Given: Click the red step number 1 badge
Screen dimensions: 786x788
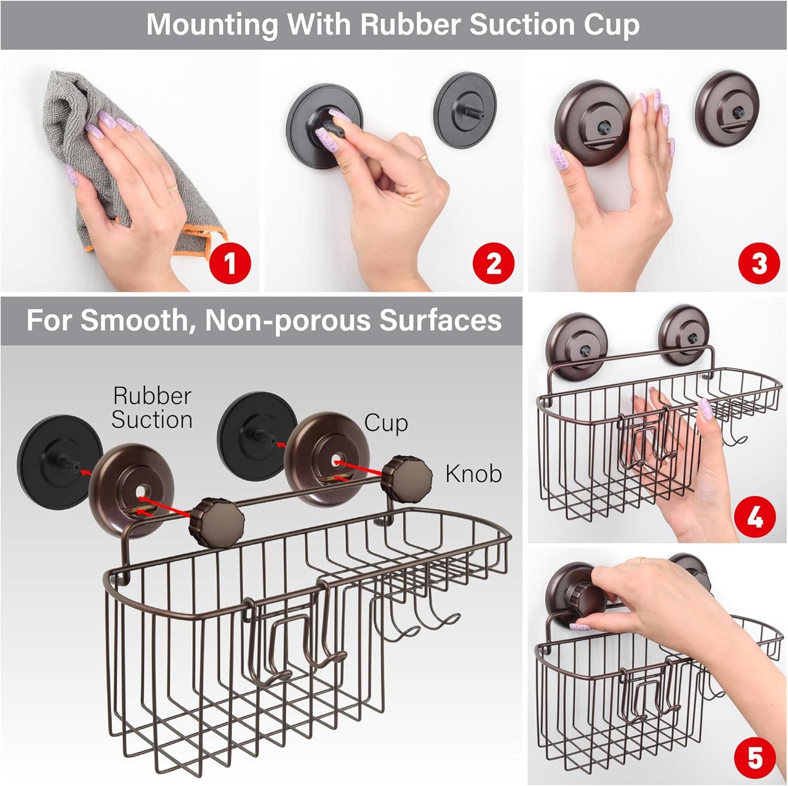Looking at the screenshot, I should point(230,264).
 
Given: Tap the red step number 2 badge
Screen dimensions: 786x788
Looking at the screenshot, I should point(494,264).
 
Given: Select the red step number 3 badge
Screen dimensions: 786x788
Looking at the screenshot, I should point(759,264).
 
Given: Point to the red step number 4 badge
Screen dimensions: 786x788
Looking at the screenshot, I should point(755,518).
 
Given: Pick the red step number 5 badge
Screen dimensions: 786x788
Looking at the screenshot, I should point(755,758).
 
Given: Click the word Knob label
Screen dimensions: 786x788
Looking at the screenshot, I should point(473,474).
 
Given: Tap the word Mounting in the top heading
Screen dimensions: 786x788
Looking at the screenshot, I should point(212,25).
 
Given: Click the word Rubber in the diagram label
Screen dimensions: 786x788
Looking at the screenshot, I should point(152,396).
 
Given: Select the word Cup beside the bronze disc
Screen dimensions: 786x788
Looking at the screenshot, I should point(386,423).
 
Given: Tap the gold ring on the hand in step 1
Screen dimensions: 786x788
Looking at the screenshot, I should point(172,189).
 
